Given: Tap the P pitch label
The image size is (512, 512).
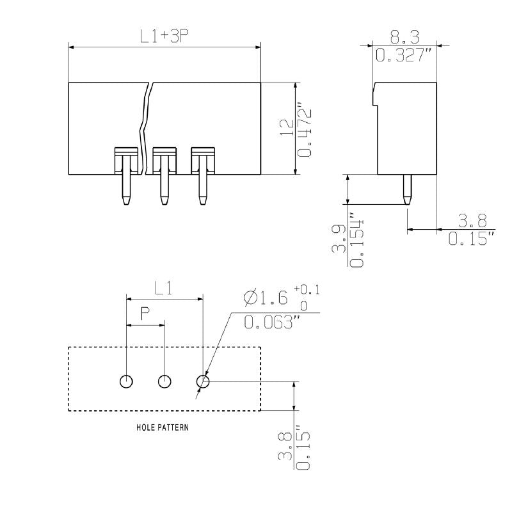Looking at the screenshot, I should (145, 314).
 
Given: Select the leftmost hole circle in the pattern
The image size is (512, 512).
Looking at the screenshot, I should (127, 381).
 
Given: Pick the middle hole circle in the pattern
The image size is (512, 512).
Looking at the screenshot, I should (165, 381).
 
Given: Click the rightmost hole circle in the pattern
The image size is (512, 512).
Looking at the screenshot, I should (204, 381).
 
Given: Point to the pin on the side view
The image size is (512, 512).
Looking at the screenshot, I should (406, 189).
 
